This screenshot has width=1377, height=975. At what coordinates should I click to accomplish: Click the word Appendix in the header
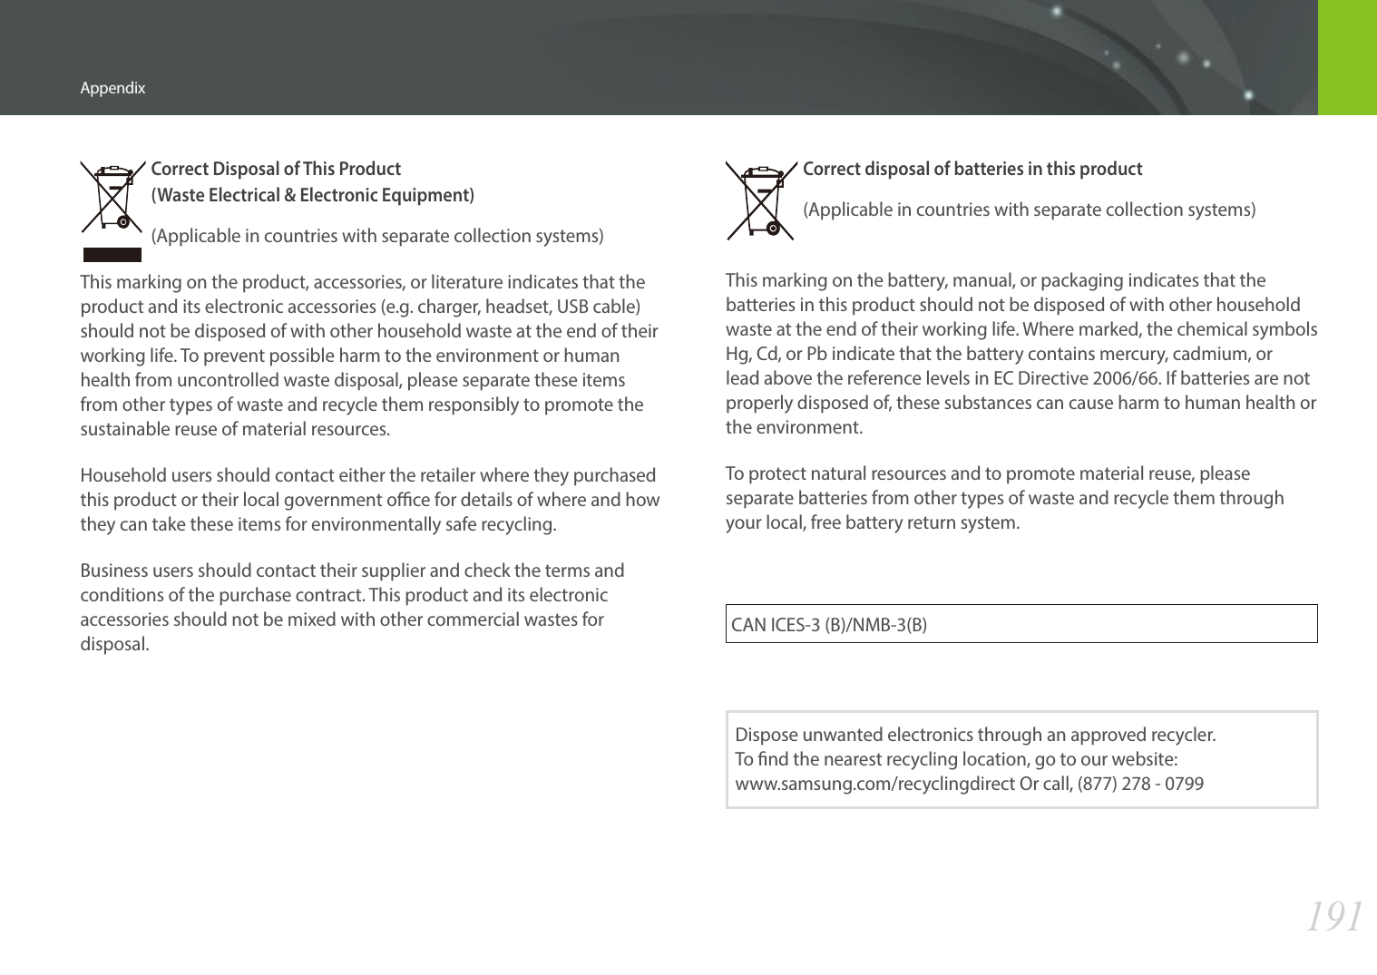point(112,88)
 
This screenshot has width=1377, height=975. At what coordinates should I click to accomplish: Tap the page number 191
point(1333,917)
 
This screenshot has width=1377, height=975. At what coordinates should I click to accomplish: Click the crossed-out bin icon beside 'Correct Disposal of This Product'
point(112,197)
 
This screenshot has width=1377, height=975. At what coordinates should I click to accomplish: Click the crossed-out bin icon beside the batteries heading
point(760,200)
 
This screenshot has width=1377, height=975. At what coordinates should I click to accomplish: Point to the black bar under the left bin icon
point(112,255)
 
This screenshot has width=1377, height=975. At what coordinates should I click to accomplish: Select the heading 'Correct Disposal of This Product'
point(276,169)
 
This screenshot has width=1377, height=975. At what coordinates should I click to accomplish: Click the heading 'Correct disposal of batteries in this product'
point(972,169)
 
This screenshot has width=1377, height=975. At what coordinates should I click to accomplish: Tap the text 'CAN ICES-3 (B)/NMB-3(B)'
point(829,625)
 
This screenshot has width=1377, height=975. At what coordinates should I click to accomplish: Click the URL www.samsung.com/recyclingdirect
point(874,784)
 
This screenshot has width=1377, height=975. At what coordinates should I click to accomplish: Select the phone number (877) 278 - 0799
point(1140,784)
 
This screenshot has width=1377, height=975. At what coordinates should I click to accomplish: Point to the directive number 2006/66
point(1125,378)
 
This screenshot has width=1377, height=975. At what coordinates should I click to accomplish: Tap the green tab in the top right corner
point(1347,57)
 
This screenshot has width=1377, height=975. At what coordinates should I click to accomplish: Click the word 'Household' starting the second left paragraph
point(120,475)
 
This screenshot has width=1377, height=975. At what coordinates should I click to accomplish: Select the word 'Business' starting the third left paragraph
point(114,570)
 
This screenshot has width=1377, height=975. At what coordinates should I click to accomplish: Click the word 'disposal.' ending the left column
point(114,644)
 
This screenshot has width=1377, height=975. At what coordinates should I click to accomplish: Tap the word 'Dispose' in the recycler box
point(764,735)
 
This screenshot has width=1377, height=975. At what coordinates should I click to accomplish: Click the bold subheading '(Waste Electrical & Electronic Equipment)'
point(312,195)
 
